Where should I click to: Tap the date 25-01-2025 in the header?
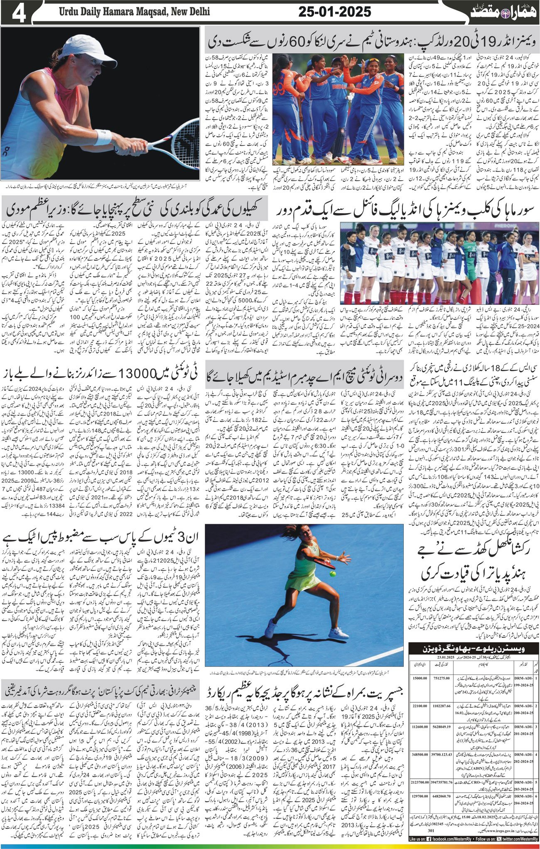pyautogui.click(x=335, y=12)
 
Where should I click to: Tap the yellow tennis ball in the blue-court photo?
pyautogui.click(x=333, y=574)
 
